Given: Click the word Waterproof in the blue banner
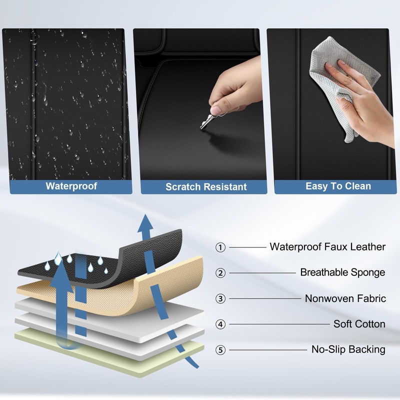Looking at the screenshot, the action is [71, 186].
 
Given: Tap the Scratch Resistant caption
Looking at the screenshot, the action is [206, 186].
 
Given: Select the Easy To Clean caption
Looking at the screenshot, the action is [338, 186].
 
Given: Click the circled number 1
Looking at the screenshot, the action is [220, 247].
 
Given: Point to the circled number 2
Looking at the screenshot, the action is [220, 273].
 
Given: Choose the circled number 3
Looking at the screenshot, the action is [220, 298].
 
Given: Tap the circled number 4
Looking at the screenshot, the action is [220, 324].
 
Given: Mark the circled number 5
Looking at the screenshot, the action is [220, 350].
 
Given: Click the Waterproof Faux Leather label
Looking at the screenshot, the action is [327, 246].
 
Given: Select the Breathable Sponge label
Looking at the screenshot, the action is [342, 272].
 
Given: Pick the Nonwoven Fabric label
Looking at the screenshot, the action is [345, 298].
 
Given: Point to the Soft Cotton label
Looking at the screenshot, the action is [359, 323].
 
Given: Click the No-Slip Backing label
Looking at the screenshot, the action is [348, 349].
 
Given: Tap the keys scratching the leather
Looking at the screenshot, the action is [208, 121].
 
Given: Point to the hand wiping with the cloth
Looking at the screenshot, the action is [365, 102].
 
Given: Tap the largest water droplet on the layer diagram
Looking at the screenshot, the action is [58, 258].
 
